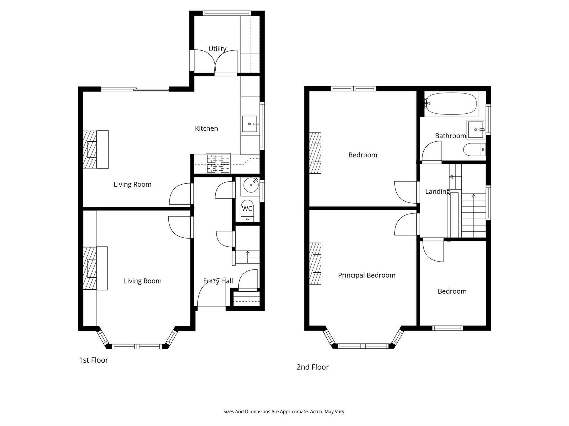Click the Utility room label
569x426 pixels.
[217, 49]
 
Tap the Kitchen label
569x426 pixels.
[207, 128]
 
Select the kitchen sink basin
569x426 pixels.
[250, 124]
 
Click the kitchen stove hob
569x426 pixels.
[218, 163]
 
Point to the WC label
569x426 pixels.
[247, 209]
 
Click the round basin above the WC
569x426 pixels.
[251, 185]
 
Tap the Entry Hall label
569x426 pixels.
[218, 281]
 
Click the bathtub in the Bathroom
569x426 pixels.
[451, 104]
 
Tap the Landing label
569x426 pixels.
[438, 192]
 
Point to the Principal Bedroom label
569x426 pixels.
[367, 275]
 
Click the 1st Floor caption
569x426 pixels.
[94, 360]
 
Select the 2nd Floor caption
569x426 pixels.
[313, 367]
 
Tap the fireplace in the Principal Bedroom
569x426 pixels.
[315, 264]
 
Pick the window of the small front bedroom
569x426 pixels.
[448, 328]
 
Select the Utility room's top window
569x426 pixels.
[227, 13]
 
